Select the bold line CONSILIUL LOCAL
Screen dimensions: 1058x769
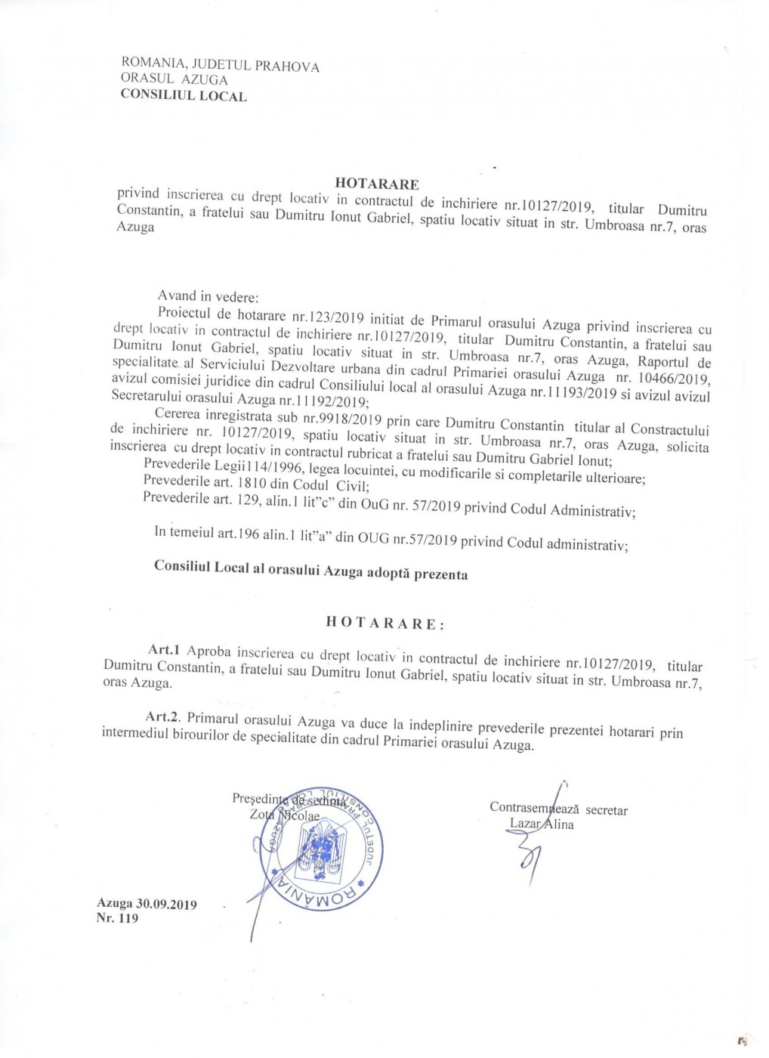184,95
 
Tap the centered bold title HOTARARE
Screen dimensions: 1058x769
376,183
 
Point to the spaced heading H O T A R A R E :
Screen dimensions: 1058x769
385,623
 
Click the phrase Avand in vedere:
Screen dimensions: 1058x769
208,295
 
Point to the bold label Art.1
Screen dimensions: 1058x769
163,649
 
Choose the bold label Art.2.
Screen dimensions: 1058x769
163,716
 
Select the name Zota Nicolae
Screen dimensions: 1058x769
284,815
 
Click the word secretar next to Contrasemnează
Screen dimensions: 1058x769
607,810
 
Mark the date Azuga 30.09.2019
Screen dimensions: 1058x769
147,903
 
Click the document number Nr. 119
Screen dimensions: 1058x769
117,918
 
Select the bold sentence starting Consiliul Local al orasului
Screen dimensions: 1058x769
310,570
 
